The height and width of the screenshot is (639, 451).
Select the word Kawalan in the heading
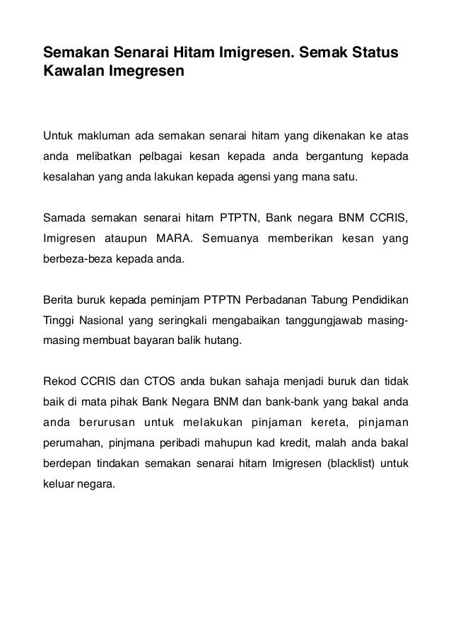pos(70,72)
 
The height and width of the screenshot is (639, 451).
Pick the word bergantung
pos(328,155)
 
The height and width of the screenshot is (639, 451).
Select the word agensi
pos(257,174)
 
